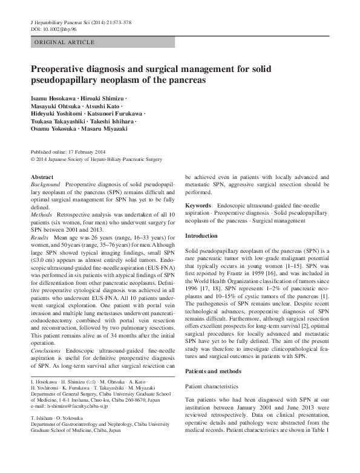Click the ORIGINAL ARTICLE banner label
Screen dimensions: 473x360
click(x=64, y=42)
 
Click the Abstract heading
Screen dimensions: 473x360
click(x=42, y=177)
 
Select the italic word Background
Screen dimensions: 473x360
click(x=45, y=183)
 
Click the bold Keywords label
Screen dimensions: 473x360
click(x=198, y=206)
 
